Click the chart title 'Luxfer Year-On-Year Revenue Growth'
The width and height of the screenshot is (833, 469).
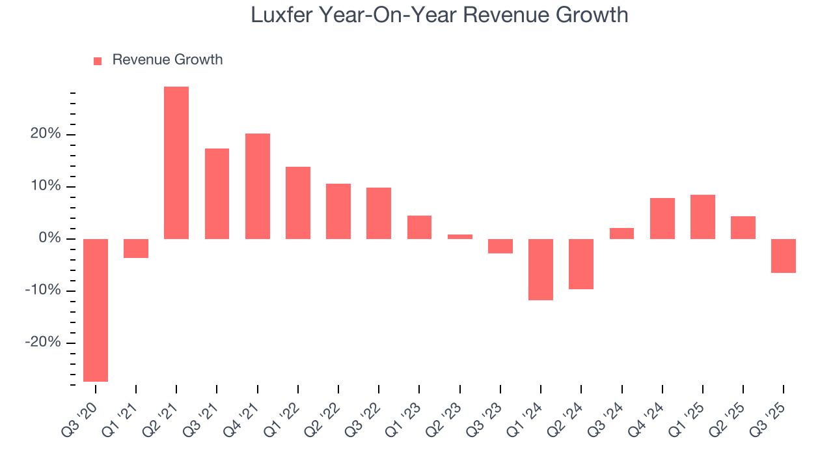pyautogui.click(x=439, y=15)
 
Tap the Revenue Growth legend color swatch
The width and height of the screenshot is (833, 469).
pyautogui.click(x=98, y=61)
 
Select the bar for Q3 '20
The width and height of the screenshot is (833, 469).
pyautogui.click(x=96, y=310)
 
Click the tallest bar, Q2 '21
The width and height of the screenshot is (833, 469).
pyautogui.click(x=176, y=163)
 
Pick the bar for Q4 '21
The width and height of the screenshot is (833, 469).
pyautogui.click(x=258, y=186)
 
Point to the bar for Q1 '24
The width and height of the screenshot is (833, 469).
pyautogui.click(x=541, y=270)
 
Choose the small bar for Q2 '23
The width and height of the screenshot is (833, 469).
pyautogui.click(x=460, y=236)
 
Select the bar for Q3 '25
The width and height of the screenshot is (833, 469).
pyautogui.click(x=784, y=256)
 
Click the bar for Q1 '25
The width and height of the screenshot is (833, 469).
pyautogui.click(x=703, y=217)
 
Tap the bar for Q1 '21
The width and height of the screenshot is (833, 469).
pyautogui.click(x=136, y=248)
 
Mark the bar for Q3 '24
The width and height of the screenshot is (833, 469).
pyautogui.click(x=621, y=233)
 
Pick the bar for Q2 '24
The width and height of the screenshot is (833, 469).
pyautogui.click(x=581, y=264)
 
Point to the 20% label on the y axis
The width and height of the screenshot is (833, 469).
pyautogui.click(x=46, y=134)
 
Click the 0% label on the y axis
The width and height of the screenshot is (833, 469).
pyautogui.click(x=50, y=238)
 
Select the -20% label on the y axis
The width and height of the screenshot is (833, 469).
pyautogui.click(x=44, y=343)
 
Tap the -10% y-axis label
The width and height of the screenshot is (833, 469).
pyautogui.click(x=44, y=291)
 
